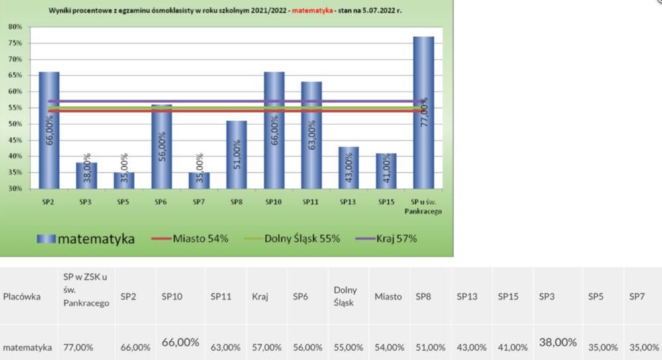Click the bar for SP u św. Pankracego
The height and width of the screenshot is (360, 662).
point(424,112)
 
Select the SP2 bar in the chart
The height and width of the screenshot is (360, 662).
point(49,130)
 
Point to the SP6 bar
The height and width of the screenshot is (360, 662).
point(162,146)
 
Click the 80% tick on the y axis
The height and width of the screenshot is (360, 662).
point(15,27)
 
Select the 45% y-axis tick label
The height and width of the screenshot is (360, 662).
point(15,140)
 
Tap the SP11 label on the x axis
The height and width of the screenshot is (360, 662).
point(311,201)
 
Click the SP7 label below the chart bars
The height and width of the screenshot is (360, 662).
point(199,201)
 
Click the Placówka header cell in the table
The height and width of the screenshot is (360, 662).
point(22,296)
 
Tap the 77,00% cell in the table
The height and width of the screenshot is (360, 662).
point(77,347)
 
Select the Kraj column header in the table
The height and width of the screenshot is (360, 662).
point(260,296)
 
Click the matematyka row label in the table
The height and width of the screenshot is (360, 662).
point(27,347)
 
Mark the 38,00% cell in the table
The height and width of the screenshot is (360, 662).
point(558,343)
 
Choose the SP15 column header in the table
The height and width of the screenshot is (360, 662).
point(508,296)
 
